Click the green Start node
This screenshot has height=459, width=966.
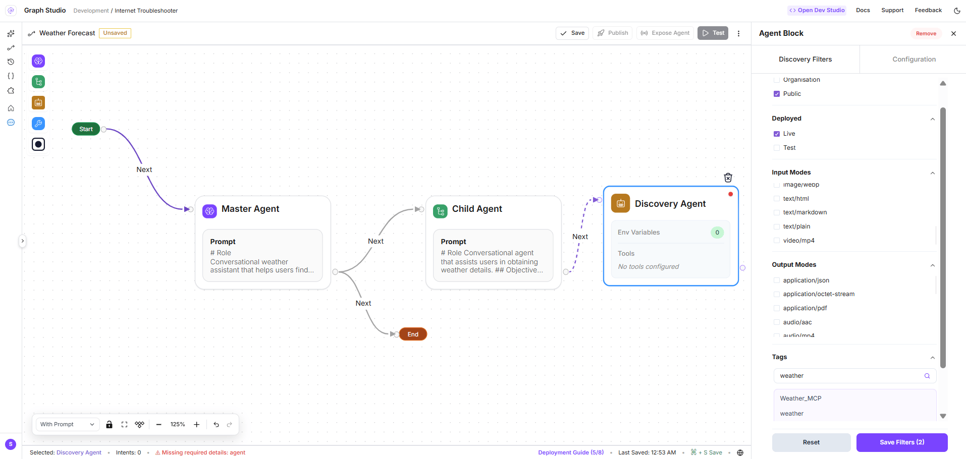coord(86,129)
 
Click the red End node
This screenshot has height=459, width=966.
coord(413,334)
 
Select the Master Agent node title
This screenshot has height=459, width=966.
coord(250,209)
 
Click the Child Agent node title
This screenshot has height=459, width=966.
coord(477,209)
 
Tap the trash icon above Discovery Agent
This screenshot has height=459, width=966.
coord(728,178)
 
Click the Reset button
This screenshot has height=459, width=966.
coord(811,442)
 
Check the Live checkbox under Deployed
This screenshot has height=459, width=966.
coord(777,134)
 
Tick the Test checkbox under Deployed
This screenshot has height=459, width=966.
coord(777,148)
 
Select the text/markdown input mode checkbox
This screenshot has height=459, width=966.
coord(777,212)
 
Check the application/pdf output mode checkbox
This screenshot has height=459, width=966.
coord(777,308)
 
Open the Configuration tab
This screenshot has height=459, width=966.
coord(914,59)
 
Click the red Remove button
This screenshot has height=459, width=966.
coord(926,33)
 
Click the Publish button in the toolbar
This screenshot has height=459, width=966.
coord(613,33)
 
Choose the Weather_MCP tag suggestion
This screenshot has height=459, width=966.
coord(800,398)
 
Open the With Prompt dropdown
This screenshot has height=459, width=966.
coord(67,424)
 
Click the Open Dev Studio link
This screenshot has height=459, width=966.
coord(817,10)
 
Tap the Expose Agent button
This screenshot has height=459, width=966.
coord(665,33)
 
